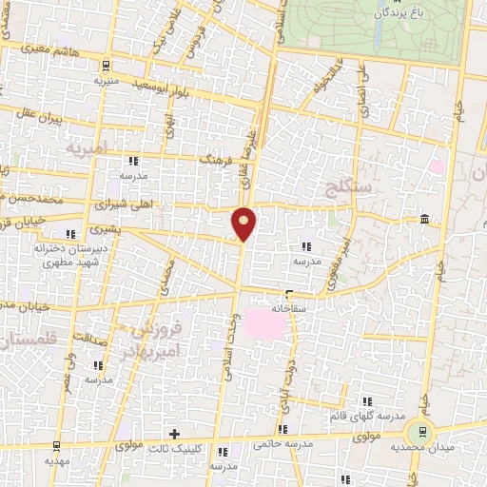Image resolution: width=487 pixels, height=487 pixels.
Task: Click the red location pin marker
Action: pyautogui.click(x=244, y=223)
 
